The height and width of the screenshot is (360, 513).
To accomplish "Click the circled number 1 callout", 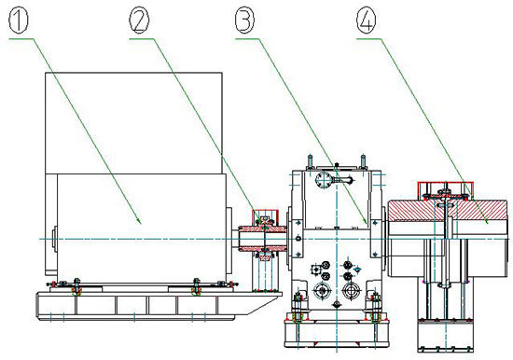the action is coord(19,21).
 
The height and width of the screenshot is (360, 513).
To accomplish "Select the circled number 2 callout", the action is coord(139,21).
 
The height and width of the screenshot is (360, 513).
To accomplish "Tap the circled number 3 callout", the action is coord(244,21).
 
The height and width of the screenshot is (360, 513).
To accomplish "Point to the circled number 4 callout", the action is coord(367,21).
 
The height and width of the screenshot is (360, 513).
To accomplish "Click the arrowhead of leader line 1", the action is coord(140,222).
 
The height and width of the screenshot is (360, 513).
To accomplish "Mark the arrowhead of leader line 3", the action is coord(365,221).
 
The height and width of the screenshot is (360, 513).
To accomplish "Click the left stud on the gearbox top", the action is coord(310,162).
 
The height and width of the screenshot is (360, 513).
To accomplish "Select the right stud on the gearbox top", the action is coord(363,162).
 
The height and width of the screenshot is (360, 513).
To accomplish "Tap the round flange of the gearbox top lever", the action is coord(324,180).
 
